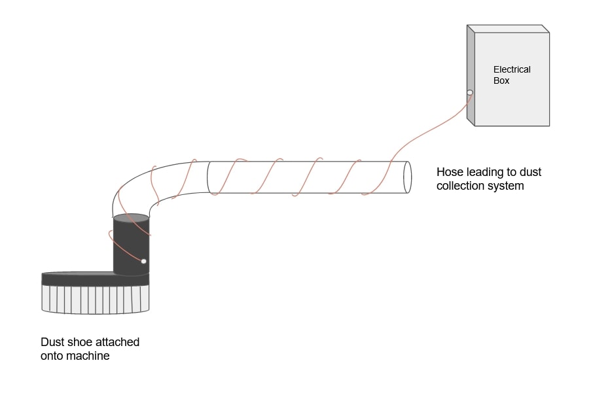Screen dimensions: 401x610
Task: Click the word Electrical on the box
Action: click(512, 69)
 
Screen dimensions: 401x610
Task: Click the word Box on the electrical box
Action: click(501, 81)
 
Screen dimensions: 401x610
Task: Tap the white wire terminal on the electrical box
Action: click(470, 92)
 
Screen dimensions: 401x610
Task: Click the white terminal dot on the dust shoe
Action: click(144, 262)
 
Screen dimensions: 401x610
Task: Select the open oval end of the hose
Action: click(406, 177)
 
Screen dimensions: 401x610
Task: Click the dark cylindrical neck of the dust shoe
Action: click(131, 249)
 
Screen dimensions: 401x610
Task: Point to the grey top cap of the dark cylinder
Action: click(131, 218)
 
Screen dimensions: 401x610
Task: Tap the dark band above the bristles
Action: click(95, 279)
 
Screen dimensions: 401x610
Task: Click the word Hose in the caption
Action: click(449, 173)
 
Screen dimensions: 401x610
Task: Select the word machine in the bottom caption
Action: click(88, 357)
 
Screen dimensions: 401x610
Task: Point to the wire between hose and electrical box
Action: click(432, 131)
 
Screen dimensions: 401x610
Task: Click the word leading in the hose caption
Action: click(484, 173)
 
